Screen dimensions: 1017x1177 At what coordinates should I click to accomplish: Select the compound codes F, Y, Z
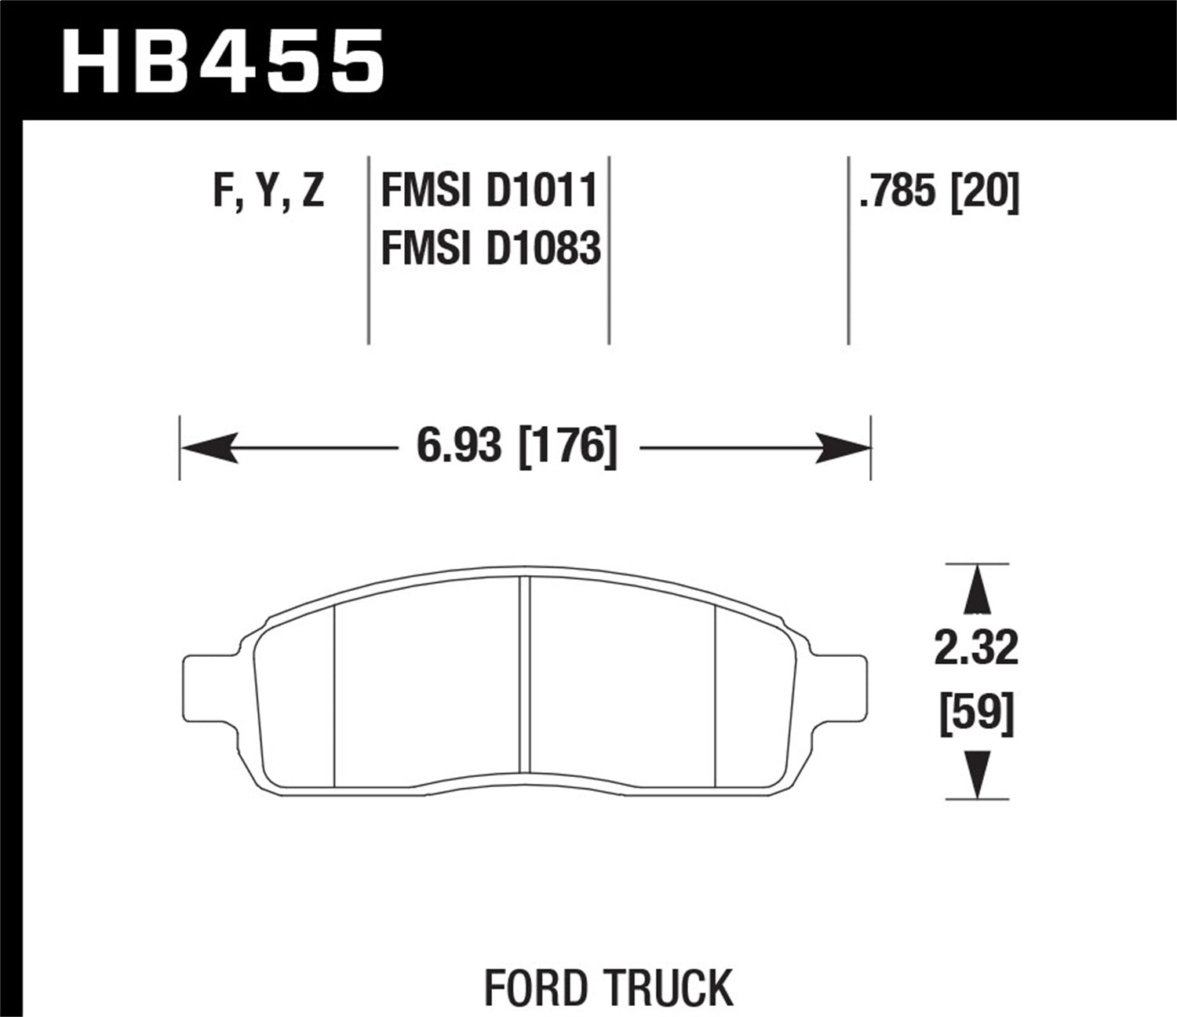pyautogui.click(x=268, y=192)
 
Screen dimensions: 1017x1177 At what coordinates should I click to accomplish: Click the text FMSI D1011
pyautogui.click(x=490, y=192)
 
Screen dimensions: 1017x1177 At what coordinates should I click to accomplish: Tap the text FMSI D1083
pyautogui.click(x=490, y=248)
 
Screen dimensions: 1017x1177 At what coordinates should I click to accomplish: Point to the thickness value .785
pyautogui.click(x=898, y=192)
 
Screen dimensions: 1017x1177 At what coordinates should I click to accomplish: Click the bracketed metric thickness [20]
pyautogui.click(x=985, y=192)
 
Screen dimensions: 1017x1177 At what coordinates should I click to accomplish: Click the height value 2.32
pyautogui.click(x=976, y=649)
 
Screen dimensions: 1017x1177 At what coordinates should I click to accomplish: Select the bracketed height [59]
pyautogui.click(x=977, y=714)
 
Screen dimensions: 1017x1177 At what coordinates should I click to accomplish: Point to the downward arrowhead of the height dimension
pyautogui.click(x=976, y=774)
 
